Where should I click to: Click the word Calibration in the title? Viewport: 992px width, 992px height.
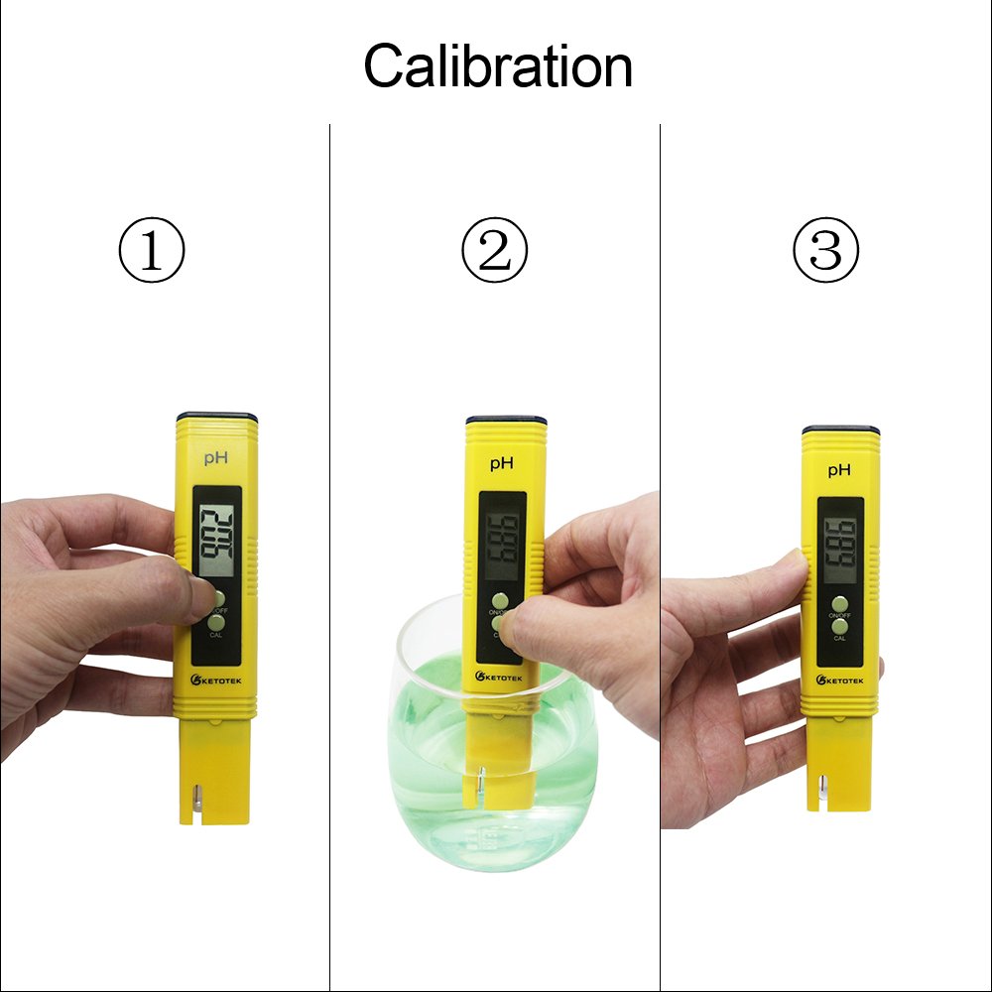click(497, 67)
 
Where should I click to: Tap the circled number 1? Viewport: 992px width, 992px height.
click(152, 251)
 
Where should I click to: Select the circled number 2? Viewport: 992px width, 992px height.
click(495, 251)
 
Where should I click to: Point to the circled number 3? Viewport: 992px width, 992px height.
click(825, 251)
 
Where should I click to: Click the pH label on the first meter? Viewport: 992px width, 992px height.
click(216, 457)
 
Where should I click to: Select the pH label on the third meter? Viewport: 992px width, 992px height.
click(839, 469)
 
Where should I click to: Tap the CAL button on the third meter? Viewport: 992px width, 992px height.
click(840, 626)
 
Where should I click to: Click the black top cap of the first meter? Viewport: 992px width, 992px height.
click(217, 417)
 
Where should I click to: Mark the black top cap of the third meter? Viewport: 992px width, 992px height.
click(840, 431)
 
